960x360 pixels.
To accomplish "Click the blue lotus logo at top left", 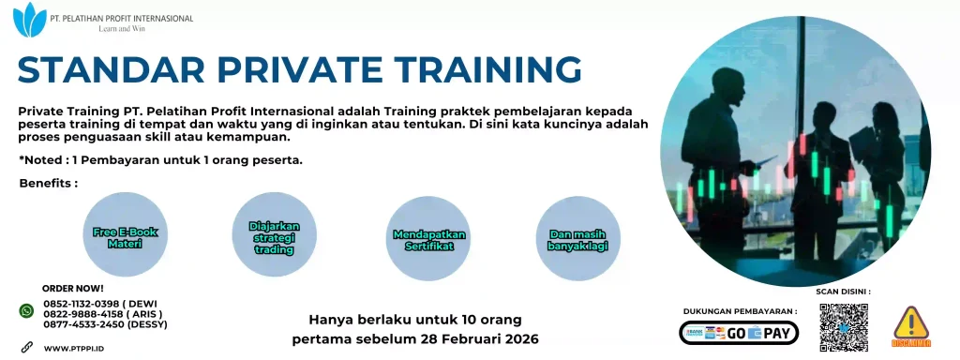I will tap(34, 18).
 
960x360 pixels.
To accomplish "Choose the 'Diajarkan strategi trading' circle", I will tap(273, 236).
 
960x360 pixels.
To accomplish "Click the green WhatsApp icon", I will tap(26, 310).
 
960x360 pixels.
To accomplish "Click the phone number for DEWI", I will tap(102, 304).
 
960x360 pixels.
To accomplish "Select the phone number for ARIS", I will tap(102, 314).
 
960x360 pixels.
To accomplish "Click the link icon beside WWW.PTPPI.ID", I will tap(26, 347).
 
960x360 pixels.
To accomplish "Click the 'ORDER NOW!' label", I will tap(73, 289).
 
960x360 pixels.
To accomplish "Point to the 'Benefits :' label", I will tap(48, 182).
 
